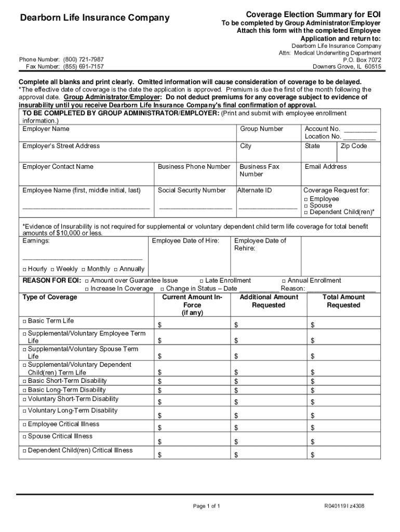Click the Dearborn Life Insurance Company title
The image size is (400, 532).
coord(95,18)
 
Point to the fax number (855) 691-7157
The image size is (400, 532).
coord(83,67)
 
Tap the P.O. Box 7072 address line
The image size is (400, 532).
coord(362,60)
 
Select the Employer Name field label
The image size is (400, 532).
coord(46,129)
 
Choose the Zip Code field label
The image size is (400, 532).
coord(354,146)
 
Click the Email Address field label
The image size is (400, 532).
coord(326,167)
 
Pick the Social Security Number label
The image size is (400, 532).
coord(192,191)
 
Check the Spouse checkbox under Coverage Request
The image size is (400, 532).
coord(306,206)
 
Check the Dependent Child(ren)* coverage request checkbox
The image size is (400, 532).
coord(306,212)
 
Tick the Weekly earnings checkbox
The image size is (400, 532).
coord(52,270)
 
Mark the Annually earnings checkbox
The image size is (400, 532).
coord(116,270)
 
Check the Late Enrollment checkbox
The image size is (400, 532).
coord(201,281)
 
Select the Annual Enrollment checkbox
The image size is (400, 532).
coord(284,281)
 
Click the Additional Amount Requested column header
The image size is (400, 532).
coord(269,301)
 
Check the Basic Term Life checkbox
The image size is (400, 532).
coord(24,321)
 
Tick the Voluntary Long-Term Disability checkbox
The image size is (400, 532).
coord(24,411)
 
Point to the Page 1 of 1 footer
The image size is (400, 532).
coord(207,506)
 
